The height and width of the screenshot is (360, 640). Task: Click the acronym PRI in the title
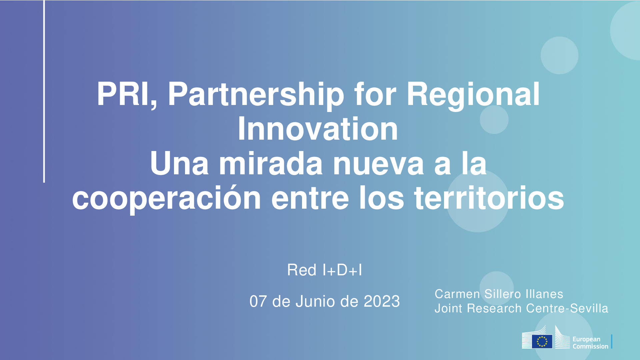tap(123, 94)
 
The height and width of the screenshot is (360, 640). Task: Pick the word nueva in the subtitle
tap(378, 164)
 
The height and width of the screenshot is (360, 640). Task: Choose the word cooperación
tap(167, 199)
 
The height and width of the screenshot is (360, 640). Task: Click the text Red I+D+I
tap(325, 270)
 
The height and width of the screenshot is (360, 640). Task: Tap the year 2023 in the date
tap(382, 301)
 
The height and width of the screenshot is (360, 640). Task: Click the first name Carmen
tap(457, 294)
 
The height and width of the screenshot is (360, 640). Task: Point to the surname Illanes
tap(544, 294)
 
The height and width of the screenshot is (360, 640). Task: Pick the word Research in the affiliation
tap(494, 308)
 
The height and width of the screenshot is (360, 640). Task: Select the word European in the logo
tap(586, 339)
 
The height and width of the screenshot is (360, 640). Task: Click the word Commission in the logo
tap(590, 346)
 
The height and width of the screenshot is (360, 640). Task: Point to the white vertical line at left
tap(44, 91)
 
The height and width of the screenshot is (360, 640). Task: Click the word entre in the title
tap(310, 199)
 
